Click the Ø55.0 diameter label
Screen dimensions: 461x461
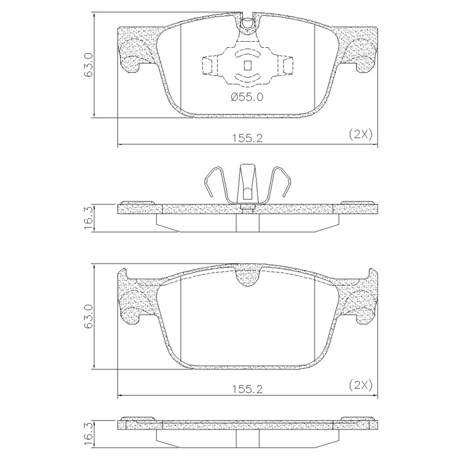pyautogui.click(x=247, y=97)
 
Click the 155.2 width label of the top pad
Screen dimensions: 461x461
pyautogui.click(x=247, y=138)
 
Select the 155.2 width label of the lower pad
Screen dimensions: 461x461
pyautogui.click(x=247, y=389)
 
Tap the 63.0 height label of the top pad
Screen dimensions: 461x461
pyautogui.click(x=89, y=65)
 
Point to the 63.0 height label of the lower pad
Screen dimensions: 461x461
pyautogui.click(x=89, y=316)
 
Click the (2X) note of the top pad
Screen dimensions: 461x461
pyautogui.click(x=361, y=135)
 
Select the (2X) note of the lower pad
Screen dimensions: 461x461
pyautogui.click(x=361, y=385)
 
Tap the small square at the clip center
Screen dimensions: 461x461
pyautogui.click(x=248, y=65)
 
